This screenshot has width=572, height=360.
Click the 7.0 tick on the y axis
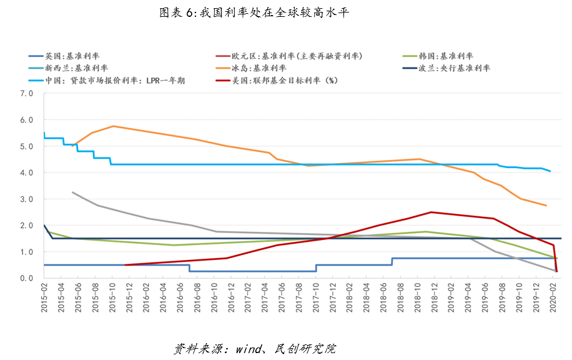coord(26,93)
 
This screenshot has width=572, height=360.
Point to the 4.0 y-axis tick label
coord(26,172)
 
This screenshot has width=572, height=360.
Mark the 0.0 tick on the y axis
coord(26,278)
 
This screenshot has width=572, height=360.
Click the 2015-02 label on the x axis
coord(44,299)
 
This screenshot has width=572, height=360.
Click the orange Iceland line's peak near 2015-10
coord(113,126)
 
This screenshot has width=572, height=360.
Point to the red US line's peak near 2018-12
coord(431,212)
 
